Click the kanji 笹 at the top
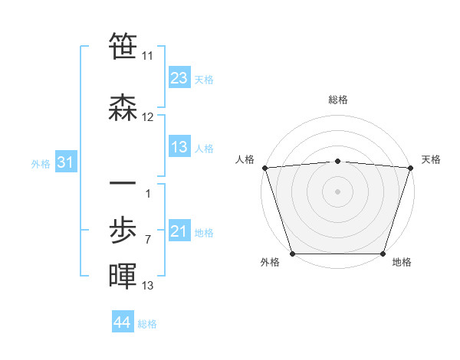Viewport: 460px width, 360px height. [x=123, y=46]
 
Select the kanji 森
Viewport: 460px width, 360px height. [x=123, y=108]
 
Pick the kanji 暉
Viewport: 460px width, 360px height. [x=123, y=275]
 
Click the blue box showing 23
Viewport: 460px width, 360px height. [x=179, y=78]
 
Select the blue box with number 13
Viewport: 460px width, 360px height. [x=179, y=148]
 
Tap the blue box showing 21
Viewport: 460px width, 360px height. [x=179, y=231]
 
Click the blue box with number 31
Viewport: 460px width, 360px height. [x=66, y=162]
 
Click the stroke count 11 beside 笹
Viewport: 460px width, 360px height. [x=148, y=56]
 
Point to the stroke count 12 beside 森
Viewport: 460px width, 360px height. [x=148, y=117]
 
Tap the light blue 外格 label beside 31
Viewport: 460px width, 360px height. [x=41, y=163]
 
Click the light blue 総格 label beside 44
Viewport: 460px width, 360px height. [x=148, y=323]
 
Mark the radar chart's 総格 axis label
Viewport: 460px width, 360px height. [x=338, y=100]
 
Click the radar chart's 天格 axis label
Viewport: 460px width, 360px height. [x=431, y=159]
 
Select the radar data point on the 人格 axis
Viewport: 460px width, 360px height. [x=264, y=167]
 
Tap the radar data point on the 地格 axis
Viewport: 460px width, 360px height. [x=383, y=254]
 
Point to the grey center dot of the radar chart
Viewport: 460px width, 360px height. [x=338, y=191]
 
